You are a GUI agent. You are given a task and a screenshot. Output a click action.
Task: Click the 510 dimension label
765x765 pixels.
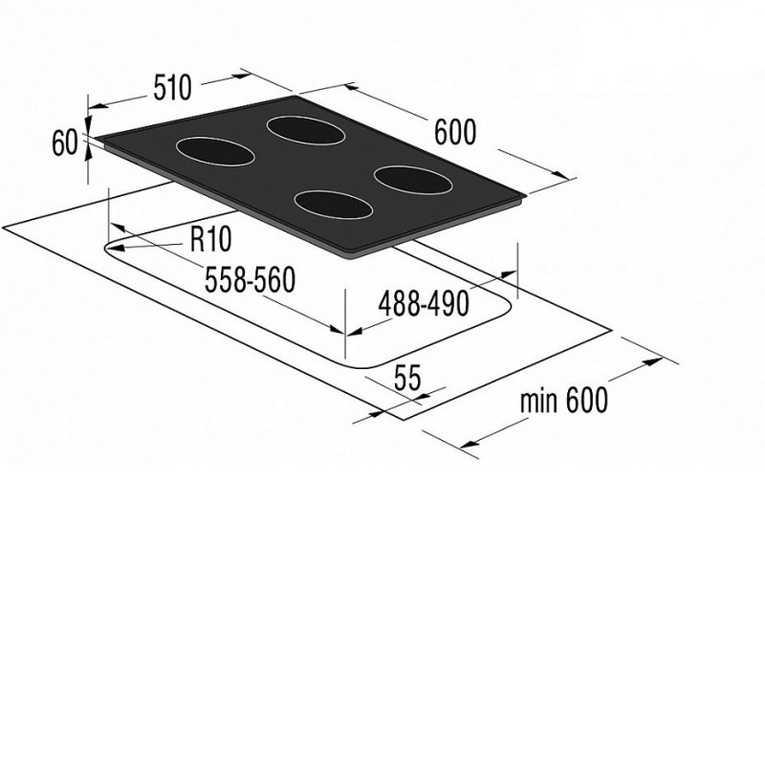[x=173, y=88]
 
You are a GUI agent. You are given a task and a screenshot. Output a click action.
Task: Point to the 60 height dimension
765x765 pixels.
[x=65, y=142]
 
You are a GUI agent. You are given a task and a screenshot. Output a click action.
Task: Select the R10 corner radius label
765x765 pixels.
[x=210, y=239]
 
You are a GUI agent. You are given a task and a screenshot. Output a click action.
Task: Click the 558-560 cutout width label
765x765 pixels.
[x=250, y=279]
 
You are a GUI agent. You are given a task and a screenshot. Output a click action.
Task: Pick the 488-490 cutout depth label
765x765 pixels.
[x=424, y=303]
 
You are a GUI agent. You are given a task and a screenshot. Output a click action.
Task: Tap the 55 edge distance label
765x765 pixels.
[x=407, y=377]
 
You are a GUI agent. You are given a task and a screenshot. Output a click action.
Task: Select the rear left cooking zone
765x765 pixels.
[x=306, y=130]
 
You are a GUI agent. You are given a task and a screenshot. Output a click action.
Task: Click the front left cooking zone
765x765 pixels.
[x=215, y=151]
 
